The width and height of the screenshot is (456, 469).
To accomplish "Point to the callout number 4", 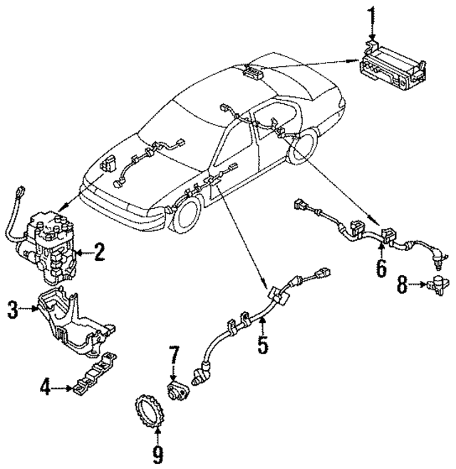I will pos(45,388).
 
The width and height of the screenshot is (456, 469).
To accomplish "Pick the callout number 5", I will pos(263,346).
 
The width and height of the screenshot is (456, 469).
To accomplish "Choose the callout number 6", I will pos(381,269).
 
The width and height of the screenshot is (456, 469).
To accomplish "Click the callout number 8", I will pos(403,287).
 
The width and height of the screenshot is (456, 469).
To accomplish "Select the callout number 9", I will pos(157,453).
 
